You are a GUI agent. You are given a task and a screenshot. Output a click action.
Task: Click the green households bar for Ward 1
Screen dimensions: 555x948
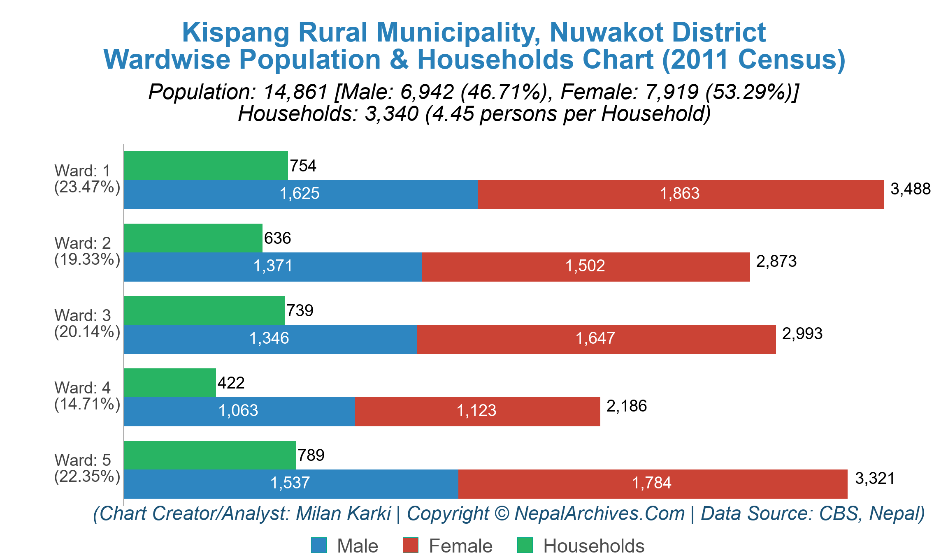tap(206, 166)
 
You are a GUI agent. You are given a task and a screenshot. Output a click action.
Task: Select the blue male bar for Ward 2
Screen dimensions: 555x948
tap(273, 267)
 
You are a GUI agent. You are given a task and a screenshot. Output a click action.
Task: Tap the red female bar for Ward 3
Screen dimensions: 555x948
tap(596, 339)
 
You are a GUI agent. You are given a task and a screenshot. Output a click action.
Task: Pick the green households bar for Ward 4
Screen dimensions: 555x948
tap(170, 383)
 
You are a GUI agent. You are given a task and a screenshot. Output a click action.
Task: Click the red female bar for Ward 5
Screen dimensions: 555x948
tap(652, 484)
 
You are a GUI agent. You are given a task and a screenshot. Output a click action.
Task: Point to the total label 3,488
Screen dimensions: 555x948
tap(910, 189)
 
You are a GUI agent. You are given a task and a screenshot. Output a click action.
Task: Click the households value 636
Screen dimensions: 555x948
tap(277, 238)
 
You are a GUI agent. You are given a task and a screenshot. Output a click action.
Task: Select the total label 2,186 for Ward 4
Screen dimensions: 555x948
tap(626, 406)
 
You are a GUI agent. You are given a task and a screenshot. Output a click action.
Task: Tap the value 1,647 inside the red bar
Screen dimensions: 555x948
tap(595, 338)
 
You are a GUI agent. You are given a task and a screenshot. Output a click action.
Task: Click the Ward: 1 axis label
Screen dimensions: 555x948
tap(82, 171)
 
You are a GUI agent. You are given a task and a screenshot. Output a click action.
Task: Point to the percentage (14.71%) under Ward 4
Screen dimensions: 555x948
tap(87, 404)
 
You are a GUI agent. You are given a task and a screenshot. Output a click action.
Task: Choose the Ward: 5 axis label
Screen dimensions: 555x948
tap(82, 460)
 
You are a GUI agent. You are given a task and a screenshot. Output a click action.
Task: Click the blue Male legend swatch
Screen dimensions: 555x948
tap(319, 545)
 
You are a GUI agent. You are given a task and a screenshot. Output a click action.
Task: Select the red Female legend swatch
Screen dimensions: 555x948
tap(410, 545)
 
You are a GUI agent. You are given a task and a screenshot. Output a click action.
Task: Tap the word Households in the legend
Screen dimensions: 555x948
tap(593, 546)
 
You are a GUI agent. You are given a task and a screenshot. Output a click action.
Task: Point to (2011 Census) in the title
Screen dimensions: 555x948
tap(753, 60)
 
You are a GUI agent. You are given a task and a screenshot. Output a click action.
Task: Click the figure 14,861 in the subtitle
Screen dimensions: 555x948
tap(295, 92)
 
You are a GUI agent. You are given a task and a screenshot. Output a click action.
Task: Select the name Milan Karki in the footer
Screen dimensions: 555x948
tap(343, 513)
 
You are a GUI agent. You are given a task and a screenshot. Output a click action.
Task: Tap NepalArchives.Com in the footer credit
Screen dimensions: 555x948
tap(599, 513)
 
